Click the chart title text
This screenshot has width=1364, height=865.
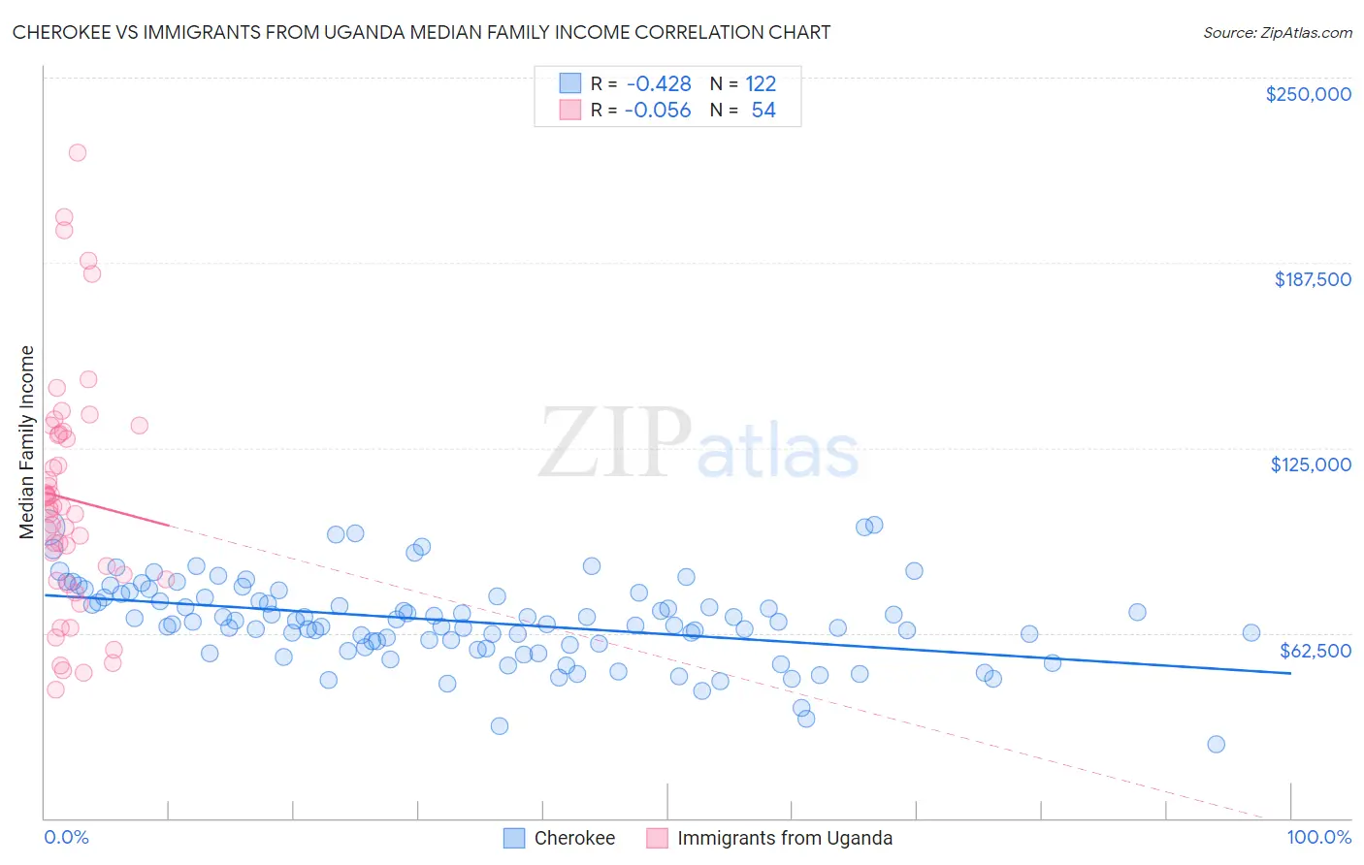point(421,32)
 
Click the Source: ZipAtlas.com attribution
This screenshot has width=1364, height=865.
point(1277,32)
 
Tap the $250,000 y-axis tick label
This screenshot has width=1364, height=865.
point(1308,94)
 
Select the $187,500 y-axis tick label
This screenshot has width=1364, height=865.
point(1312,279)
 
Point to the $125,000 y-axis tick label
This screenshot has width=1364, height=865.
point(1311,465)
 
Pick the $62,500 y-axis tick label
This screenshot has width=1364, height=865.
point(1315,650)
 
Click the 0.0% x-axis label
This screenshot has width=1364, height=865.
point(66,837)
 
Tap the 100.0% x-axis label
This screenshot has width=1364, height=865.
point(1318,837)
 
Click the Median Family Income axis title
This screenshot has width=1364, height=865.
point(27,441)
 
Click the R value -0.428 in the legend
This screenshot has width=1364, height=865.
point(659,84)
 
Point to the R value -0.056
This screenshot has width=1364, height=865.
point(658,111)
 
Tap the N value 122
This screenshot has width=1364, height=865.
point(761,84)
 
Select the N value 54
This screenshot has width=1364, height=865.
point(763,111)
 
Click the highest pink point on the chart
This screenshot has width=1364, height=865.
point(78,152)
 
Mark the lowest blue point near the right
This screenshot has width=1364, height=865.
point(1216,744)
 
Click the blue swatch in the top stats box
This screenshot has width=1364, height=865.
point(569,83)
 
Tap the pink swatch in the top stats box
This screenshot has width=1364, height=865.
point(569,110)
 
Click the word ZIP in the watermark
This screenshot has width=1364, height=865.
point(614,443)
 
